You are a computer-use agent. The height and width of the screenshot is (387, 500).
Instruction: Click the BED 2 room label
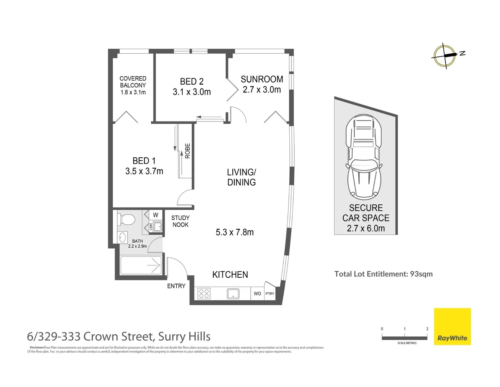[192, 82]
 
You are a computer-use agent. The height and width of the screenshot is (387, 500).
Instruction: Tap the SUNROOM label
[262, 79]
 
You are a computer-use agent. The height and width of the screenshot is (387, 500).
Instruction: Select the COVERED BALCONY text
[133, 82]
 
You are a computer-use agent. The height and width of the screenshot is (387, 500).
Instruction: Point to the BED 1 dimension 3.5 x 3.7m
[144, 171]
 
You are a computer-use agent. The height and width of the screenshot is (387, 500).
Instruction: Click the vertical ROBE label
[187, 151]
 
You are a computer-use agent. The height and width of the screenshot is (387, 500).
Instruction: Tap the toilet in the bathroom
[126, 219]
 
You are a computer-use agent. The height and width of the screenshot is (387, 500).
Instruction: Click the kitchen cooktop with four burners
[204, 294]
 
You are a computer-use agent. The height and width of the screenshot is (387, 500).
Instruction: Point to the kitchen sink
[233, 294]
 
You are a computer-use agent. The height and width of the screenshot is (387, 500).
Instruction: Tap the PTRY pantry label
[270, 294]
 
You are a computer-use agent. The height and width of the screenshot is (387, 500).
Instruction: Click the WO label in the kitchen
[257, 294]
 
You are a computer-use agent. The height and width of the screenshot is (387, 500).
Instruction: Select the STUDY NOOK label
[180, 221]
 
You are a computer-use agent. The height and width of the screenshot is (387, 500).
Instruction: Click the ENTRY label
[176, 286]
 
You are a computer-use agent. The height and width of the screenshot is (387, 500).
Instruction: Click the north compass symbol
[445, 56]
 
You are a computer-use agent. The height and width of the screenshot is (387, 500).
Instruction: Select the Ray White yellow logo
[452, 326]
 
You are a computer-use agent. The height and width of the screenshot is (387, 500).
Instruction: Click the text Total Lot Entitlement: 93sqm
[383, 274]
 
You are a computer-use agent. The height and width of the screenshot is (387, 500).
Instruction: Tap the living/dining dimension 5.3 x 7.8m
[235, 232]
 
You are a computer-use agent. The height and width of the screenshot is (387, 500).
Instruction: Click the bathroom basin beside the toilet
[123, 237]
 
